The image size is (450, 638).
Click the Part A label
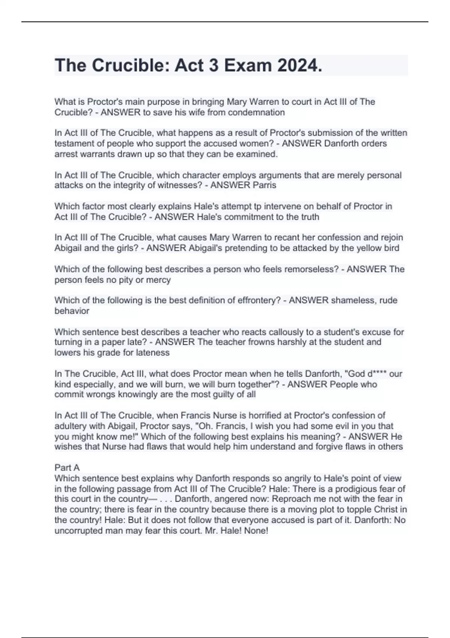(x=67, y=468)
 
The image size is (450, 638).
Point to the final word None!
(x=256, y=531)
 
